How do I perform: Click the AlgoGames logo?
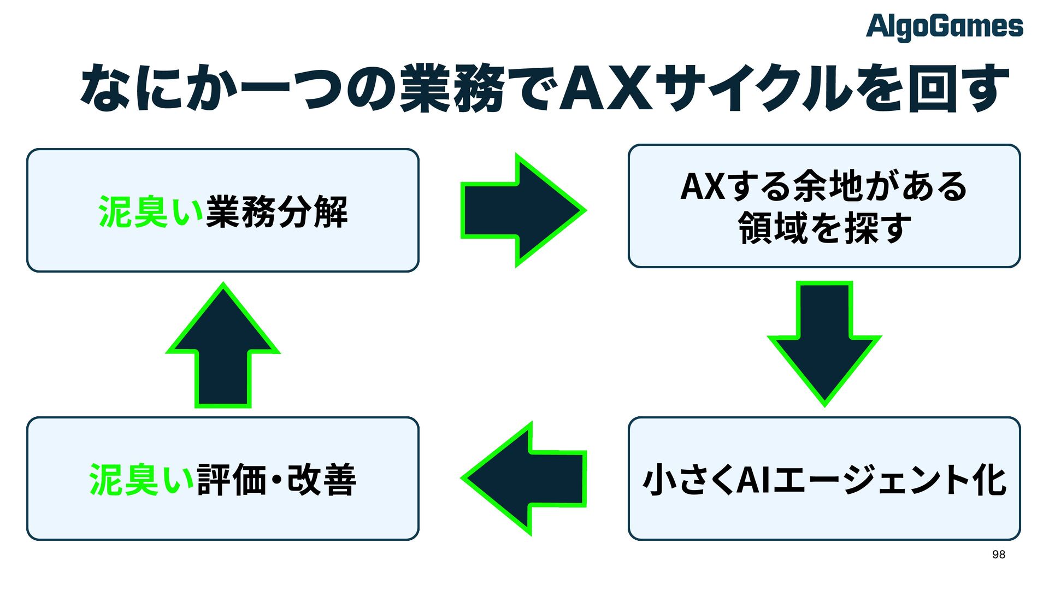tap(944, 27)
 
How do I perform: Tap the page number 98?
tap(998, 554)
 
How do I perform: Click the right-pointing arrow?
tap(522, 210)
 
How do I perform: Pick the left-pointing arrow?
tap(524, 479)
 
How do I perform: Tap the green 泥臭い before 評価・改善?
tap(142, 480)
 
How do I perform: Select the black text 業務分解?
tap(276, 212)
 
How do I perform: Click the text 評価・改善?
tap(276, 480)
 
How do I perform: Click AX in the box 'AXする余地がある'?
tap(702, 186)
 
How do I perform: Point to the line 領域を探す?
tap(824, 228)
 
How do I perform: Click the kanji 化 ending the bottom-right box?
tap(989, 480)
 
